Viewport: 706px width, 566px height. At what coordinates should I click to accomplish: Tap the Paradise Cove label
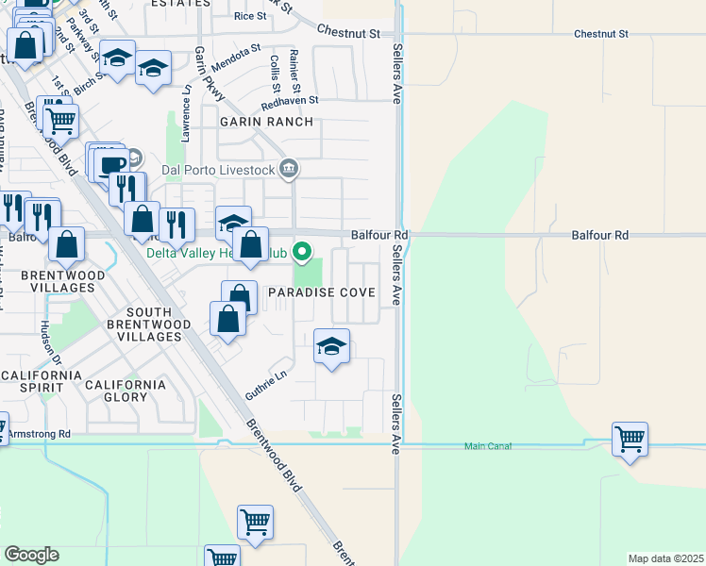[x=322, y=293]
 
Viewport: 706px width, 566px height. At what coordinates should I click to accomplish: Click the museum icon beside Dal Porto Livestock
[x=290, y=169]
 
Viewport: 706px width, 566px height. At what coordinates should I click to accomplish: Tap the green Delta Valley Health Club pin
[x=302, y=252]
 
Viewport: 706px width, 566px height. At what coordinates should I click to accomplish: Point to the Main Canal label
[x=488, y=445]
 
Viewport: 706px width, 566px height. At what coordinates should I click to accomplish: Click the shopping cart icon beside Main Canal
[x=629, y=439]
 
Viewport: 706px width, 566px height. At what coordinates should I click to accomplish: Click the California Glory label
[x=126, y=391]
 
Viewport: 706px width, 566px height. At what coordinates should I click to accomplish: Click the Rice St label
[x=250, y=16]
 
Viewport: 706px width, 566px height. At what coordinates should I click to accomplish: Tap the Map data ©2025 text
[x=665, y=558]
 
